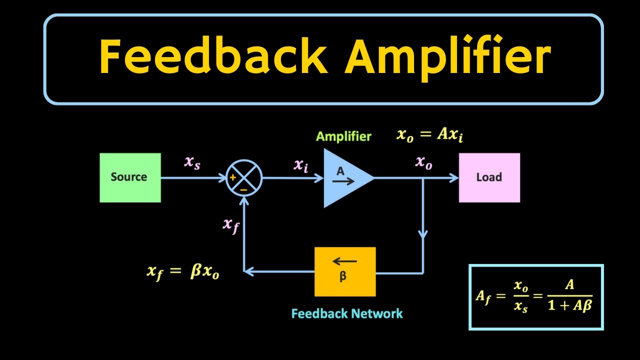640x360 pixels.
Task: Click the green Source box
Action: tap(130, 177)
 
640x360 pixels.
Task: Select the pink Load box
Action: tap(489, 177)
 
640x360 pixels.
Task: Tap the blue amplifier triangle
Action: tap(345, 178)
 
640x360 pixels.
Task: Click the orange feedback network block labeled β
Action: tap(344, 271)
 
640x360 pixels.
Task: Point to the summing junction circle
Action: tap(244, 178)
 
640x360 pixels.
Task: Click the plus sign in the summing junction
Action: tap(233, 178)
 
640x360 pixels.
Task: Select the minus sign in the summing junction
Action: tap(244, 190)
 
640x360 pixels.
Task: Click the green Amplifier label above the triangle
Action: tap(343, 136)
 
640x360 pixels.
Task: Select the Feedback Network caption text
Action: tap(346, 314)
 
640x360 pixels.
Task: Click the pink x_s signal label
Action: tap(192, 162)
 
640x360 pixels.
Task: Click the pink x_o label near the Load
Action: tap(423, 162)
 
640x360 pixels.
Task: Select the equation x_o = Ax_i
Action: tap(429, 135)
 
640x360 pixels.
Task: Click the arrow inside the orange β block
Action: tap(344, 261)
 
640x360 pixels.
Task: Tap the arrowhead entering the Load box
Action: tap(454, 178)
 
